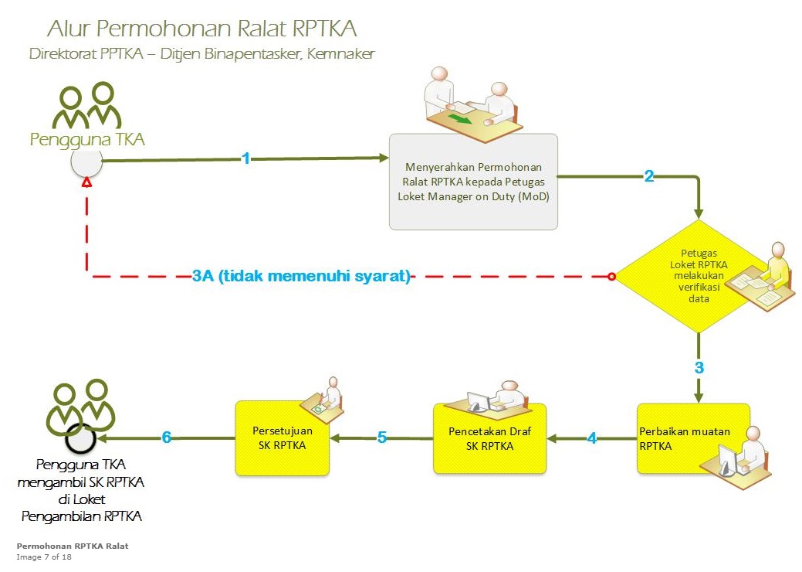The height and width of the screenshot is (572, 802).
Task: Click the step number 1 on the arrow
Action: [x=246, y=158]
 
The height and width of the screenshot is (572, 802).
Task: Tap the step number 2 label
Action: [x=649, y=176]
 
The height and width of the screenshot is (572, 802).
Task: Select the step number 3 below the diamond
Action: [x=699, y=367]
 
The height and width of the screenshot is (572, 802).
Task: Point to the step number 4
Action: [x=592, y=438]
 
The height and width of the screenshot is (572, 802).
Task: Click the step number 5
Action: [x=381, y=438]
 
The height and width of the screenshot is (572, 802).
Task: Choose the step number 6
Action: [x=167, y=438]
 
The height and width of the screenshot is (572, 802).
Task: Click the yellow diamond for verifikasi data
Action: [x=699, y=276]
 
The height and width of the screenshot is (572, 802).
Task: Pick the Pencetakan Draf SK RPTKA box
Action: [x=489, y=438]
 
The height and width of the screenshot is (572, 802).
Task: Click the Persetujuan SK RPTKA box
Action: [x=282, y=437]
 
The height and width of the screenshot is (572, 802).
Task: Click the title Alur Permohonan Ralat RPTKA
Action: [x=201, y=29]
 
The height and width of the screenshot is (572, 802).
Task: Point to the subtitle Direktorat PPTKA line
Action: [x=201, y=55]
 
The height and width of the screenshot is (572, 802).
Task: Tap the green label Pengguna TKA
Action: [x=87, y=139]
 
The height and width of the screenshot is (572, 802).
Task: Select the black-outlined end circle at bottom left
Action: [x=80, y=438]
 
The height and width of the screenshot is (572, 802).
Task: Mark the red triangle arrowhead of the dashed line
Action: [x=87, y=183]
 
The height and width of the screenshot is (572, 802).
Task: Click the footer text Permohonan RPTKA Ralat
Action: [x=73, y=546]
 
